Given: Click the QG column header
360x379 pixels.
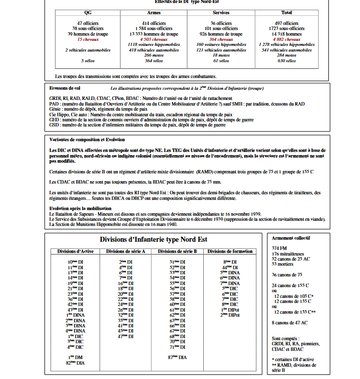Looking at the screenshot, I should (x=87, y=12).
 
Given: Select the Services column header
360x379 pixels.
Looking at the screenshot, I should (x=221, y=12).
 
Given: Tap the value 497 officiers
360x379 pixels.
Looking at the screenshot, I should (x=286, y=23).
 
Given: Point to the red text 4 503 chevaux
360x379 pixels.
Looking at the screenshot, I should (x=154, y=39).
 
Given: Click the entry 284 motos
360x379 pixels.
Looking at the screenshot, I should (x=286, y=55).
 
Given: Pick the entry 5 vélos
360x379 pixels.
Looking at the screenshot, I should (x=87, y=61).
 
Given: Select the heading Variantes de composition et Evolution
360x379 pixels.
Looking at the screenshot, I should (x=87, y=139).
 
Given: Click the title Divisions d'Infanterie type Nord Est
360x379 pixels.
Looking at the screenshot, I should (x=153, y=240).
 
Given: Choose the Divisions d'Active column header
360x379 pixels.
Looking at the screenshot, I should (x=75, y=251).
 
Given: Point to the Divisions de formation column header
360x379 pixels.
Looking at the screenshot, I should (x=230, y=251).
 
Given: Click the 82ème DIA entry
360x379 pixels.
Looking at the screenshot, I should (x=75, y=363).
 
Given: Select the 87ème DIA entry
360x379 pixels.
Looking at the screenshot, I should (x=177, y=357).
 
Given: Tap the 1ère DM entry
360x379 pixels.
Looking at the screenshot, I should (x=75, y=357).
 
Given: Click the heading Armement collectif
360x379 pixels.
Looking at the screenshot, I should (x=291, y=238).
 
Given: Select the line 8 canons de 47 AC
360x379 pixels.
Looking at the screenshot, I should (x=290, y=322).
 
